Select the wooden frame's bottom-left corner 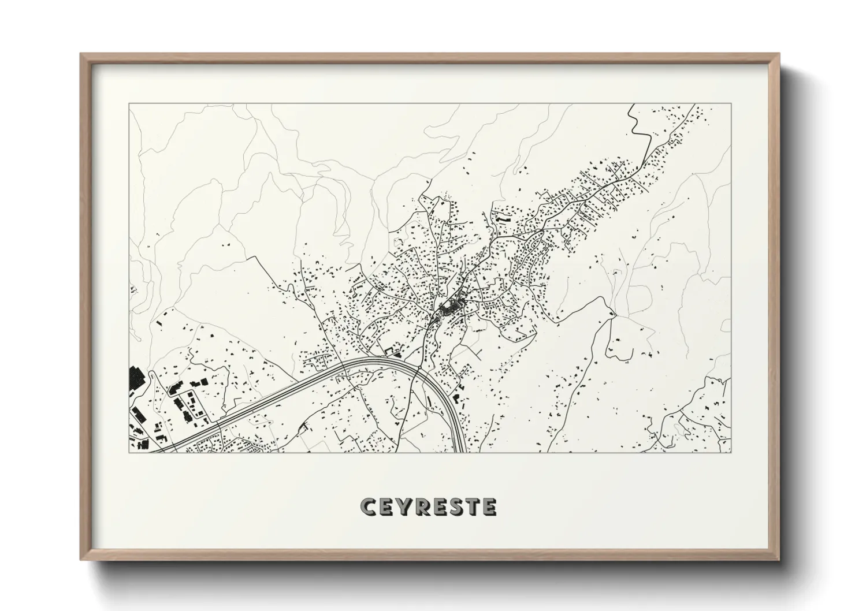coord(81,560)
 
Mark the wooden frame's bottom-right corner coord(778,560)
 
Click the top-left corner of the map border coord(129,104)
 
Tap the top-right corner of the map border coord(731,104)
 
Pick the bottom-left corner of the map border coord(129,452)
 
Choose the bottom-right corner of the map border coord(731,452)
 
